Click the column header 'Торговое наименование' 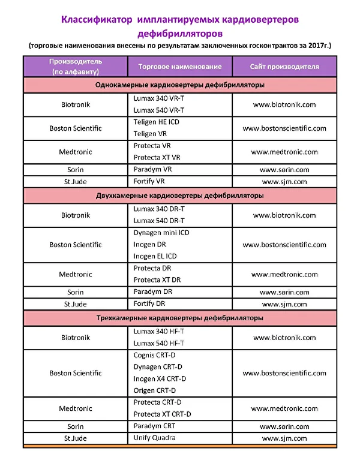coord(179,67)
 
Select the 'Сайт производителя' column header coord(284,67)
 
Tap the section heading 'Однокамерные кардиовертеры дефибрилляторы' coord(180,85)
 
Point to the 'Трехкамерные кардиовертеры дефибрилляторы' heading coord(180,318)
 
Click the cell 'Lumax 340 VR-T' coord(159,98)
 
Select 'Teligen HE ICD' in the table coord(157,122)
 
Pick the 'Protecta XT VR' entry coord(157,157)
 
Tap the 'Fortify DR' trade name coord(151,303)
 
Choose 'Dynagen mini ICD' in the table coord(161,233)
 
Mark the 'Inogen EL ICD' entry coord(155,256)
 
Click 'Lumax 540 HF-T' coord(159,343)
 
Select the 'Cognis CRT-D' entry coord(154,355)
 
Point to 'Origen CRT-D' coord(154,390)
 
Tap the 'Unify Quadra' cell coord(155,438)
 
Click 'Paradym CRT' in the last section coord(154,426)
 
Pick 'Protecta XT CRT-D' coord(162,414)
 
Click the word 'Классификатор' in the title coord(97,20)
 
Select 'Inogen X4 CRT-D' coord(160,378)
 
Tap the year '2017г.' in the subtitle coord(317,45)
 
